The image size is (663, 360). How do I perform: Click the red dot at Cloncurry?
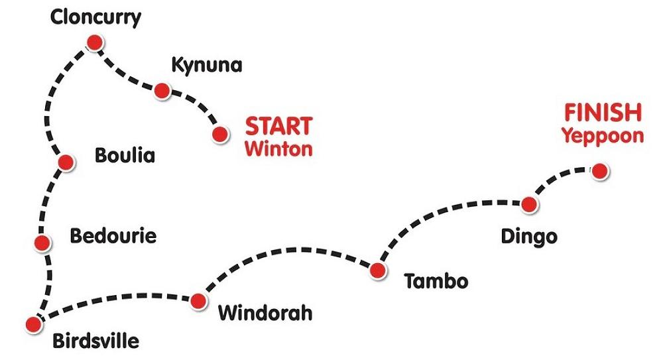click(x=94, y=43)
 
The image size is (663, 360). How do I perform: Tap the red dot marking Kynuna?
click(x=162, y=90)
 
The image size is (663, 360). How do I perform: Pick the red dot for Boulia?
click(x=65, y=162)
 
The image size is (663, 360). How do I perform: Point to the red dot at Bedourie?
click(x=42, y=243)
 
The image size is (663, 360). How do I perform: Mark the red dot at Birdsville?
click(x=32, y=324)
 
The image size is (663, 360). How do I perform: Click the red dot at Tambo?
click(x=377, y=270)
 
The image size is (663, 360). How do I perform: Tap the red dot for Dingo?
click(x=528, y=204)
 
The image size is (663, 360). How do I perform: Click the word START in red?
click(x=278, y=126)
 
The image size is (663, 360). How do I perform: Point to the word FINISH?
click(x=602, y=113)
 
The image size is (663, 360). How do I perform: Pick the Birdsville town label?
click(x=96, y=342)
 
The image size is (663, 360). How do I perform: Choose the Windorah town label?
click(x=265, y=312)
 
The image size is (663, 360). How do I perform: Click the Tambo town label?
click(x=436, y=281)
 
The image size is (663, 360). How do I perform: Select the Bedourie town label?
click(x=113, y=236)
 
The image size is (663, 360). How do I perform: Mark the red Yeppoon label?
click(x=603, y=136)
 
